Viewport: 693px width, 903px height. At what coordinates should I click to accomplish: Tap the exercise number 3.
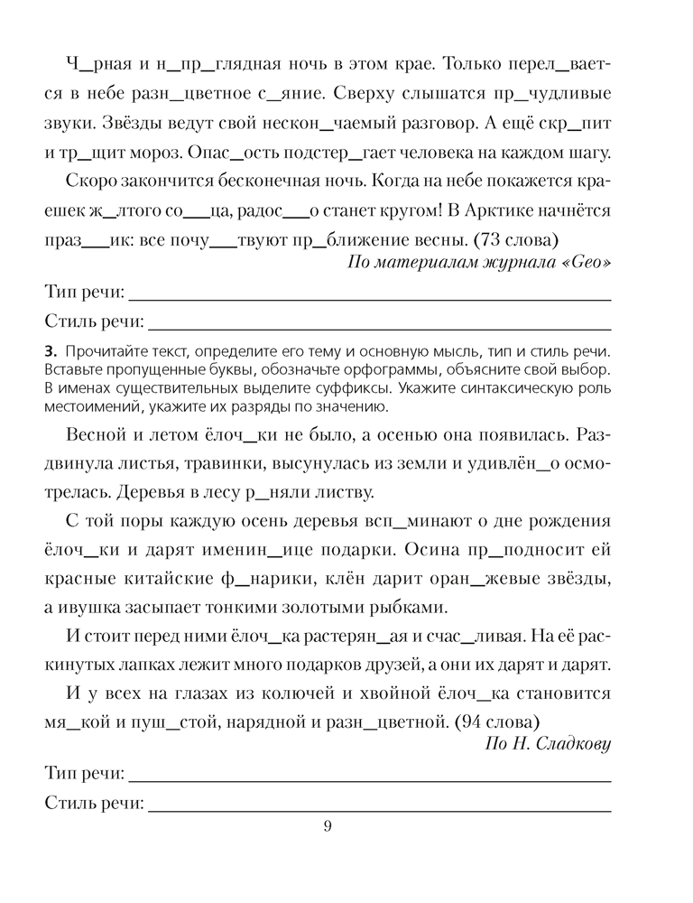tap(48, 349)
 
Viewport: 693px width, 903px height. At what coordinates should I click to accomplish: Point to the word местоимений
tap(84, 406)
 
